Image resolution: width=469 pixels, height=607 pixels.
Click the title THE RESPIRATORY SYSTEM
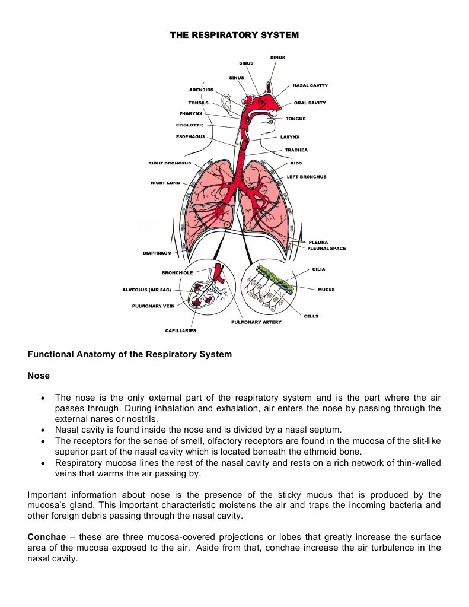coord(234,36)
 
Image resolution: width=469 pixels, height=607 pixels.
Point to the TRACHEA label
coord(296,150)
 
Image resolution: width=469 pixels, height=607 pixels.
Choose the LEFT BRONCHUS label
coord(307,177)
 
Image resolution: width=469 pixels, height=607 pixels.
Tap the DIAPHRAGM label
coord(157,253)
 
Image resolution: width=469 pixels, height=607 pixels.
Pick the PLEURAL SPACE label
coord(327,249)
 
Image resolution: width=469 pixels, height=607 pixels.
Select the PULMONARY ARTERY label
coord(256,322)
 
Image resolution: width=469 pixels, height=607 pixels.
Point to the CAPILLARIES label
coord(180,330)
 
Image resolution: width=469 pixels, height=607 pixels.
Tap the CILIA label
coord(318,269)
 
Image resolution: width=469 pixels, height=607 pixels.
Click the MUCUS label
coord(326,290)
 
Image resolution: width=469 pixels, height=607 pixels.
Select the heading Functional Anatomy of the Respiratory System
coord(129,355)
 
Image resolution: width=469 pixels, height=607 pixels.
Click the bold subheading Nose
coord(39,376)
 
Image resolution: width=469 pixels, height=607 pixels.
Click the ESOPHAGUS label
coord(190,137)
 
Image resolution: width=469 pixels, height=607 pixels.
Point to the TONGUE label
coord(296,119)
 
